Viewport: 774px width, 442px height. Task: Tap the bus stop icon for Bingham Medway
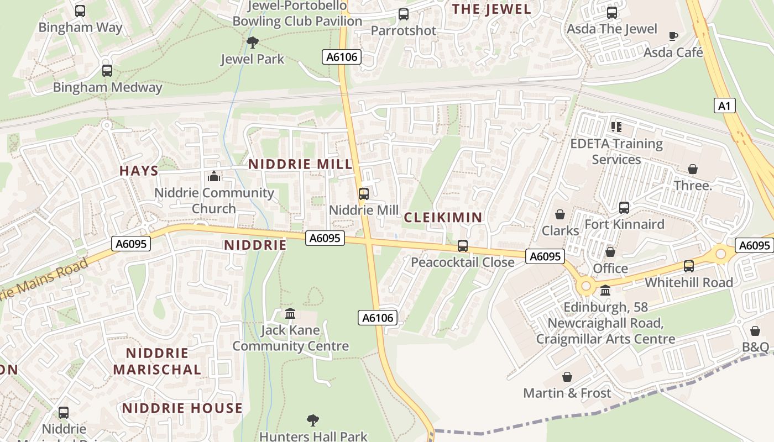point(107,71)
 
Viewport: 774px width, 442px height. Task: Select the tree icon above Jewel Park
point(253,42)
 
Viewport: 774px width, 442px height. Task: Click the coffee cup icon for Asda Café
point(673,36)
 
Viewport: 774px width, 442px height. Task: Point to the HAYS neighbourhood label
point(139,171)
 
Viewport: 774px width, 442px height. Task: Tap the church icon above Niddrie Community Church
point(213,177)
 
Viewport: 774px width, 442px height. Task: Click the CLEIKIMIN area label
point(443,217)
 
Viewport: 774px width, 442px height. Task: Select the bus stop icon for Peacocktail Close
point(463,246)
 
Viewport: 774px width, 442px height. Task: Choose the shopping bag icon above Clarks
point(560,214)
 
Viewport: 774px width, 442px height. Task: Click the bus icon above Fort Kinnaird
point(624,208)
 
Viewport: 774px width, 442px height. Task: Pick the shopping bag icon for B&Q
point(755,331)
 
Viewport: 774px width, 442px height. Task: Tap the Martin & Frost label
point(567,393)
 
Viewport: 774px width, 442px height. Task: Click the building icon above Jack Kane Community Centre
point(290,314)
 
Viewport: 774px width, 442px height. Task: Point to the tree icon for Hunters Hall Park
point(313,420)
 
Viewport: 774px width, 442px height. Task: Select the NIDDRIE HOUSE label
point(182,408)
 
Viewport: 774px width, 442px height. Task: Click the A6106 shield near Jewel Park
point(342,56)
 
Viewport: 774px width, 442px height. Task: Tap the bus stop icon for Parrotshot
point(404,14)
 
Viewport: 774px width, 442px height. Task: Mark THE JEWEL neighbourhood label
point(491,9)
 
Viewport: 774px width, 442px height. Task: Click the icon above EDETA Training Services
point(616,127)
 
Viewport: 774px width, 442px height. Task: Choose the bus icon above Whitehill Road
point(689,266)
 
